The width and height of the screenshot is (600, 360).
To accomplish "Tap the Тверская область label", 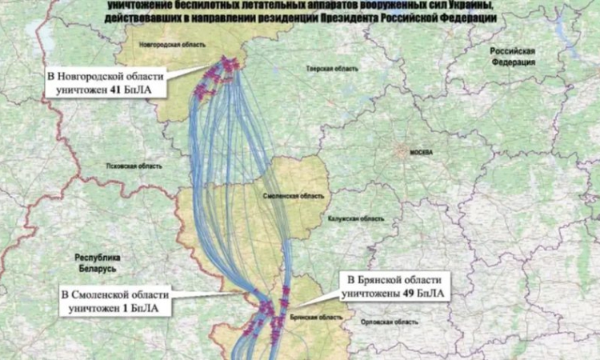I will pyautogui.click(x=326, y=70).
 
